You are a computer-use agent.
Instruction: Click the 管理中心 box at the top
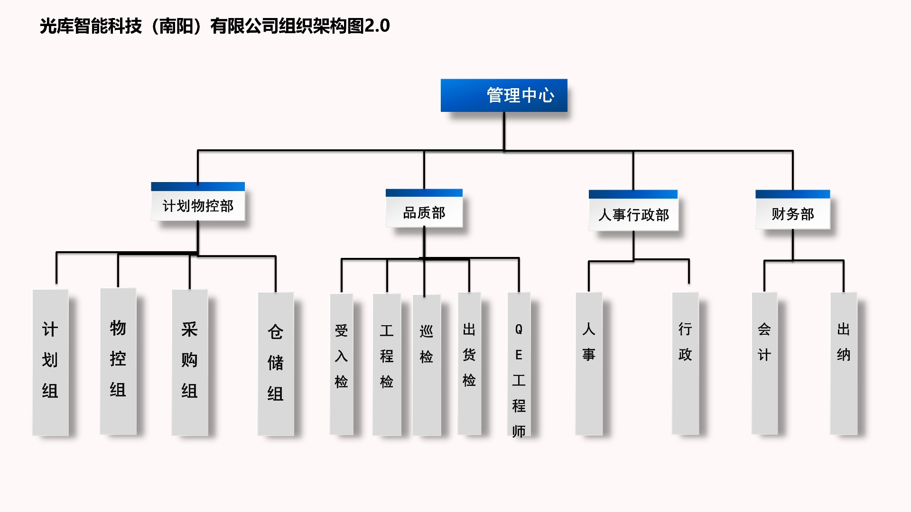click(504, 95)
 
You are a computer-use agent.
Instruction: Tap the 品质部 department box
click(424, 209)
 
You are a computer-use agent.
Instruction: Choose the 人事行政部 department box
click(633, 211)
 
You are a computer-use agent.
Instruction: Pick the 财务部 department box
click(792, 210)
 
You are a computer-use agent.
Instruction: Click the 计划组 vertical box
click(50, 362)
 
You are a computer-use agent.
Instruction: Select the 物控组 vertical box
click(118, 361)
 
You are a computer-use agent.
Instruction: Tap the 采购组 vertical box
click(190, 362)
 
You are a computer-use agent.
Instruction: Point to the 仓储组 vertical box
click(276, 364)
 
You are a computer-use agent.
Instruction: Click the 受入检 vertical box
click(342, 364)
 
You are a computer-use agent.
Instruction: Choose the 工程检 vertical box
click(387, 364)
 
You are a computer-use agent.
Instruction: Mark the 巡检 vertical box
click(427, 365)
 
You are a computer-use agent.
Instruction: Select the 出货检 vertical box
click(469, 363)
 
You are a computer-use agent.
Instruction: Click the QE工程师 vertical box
click(519, 364)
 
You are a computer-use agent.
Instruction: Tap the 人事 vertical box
click(589, 363)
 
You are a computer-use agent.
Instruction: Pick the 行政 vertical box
click(685, 363)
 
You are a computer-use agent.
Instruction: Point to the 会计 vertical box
click(764, 363)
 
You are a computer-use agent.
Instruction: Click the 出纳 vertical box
click(844, 363)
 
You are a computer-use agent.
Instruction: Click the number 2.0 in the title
click(377, 26)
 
